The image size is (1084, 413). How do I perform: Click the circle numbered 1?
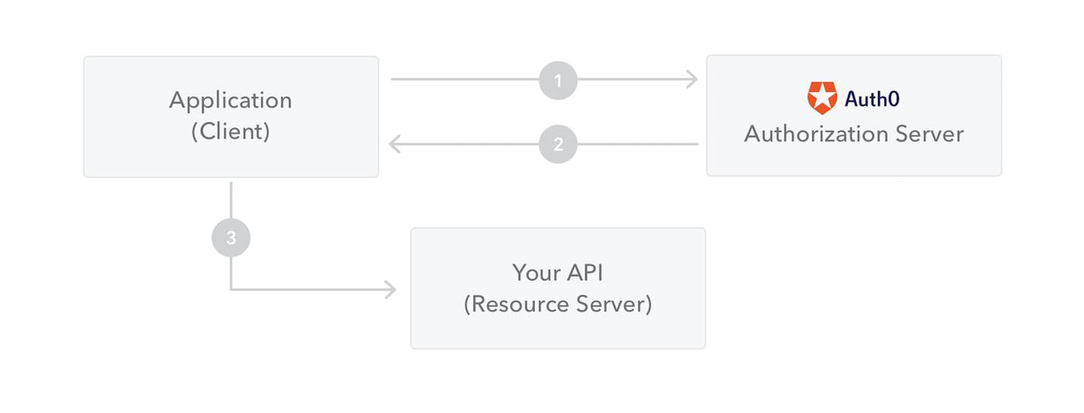(558, 80)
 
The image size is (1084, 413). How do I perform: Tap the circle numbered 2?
(558, 144)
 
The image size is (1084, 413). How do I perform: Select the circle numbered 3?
(231, 238)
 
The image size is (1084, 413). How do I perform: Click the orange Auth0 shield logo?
(821, 98)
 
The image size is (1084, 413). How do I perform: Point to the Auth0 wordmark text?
(872, 99)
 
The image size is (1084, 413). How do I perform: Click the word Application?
(230, 100)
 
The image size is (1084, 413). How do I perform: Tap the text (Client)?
(230, 131)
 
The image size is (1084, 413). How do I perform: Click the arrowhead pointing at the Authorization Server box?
(692, 80)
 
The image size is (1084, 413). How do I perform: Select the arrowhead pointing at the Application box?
(395, 144)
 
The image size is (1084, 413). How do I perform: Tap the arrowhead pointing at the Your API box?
(390, 290)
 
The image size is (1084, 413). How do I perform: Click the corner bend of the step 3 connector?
(231, 290)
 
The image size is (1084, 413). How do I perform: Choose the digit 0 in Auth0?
(894, 99)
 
